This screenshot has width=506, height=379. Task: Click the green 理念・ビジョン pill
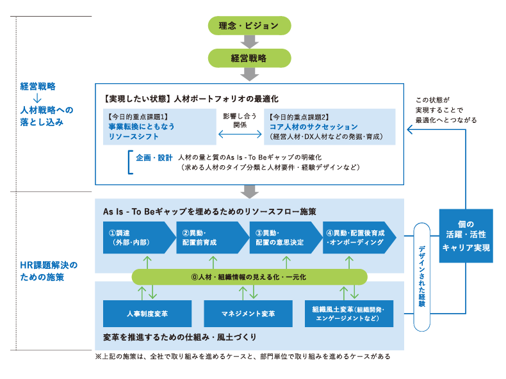click(x=249, y=26)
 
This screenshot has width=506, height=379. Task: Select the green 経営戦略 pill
click(x=249, y=58)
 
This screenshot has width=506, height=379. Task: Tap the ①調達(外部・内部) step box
click(x=137, y=238)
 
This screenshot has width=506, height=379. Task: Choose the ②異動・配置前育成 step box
click(x=211, y=238)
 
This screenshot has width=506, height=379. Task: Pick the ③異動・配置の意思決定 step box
click(x=284, y=238)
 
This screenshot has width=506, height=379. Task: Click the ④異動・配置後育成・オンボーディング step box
click(x=357, y=238)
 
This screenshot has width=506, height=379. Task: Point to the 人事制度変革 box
click(x=147, y=314)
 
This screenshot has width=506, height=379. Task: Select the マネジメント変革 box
click(x=248, y=314)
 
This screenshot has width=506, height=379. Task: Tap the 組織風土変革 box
click(x=349, y=314)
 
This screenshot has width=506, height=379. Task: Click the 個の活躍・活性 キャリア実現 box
click(x=466, y=236)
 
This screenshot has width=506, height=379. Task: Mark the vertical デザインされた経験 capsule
click(x=421, y=277)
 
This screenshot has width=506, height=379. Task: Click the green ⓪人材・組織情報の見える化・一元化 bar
click(x=249, y=277)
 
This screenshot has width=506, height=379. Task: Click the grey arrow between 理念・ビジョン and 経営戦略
click(x=249, y=42)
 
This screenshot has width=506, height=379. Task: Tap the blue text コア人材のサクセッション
click(x=313, y=127)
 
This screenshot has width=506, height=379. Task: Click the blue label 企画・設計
click(x=154, y=157)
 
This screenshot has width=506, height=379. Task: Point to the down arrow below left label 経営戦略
click(x=37, y=98)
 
